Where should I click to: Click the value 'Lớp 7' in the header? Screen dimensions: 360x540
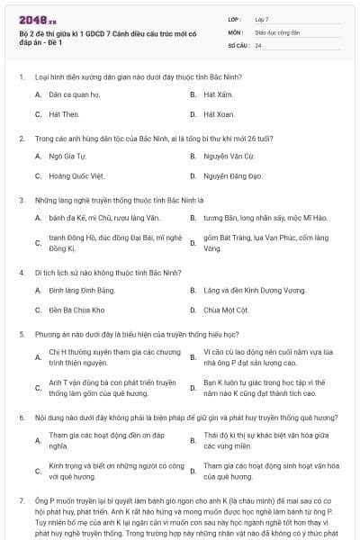[263, 19]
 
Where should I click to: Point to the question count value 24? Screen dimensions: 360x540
[258, 44]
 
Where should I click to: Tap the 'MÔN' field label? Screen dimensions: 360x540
[234, 31]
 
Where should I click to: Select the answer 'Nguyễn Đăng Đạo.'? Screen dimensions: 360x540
[232, 176]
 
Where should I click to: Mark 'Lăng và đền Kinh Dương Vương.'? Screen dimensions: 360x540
[249, 290]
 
